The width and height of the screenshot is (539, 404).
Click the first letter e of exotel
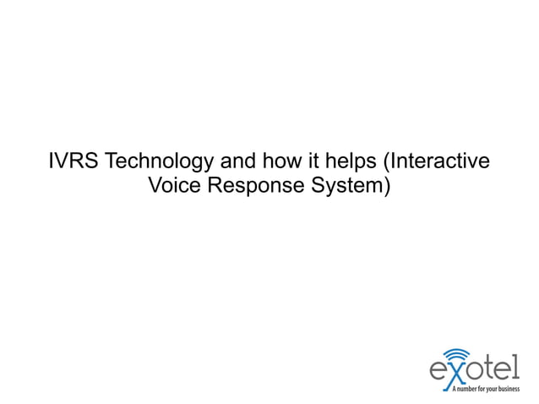point(438,373)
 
